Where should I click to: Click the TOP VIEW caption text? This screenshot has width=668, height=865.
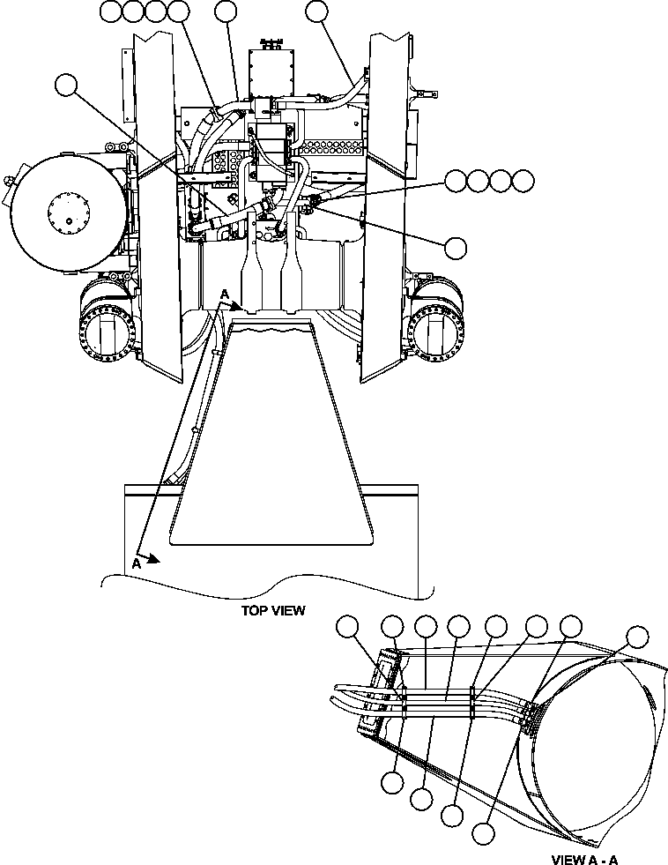(272, 610)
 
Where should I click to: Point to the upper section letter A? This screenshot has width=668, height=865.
(226, 295)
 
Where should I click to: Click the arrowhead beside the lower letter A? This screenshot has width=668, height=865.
(153, 557)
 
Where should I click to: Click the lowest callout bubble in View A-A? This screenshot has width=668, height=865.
(482, 831)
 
